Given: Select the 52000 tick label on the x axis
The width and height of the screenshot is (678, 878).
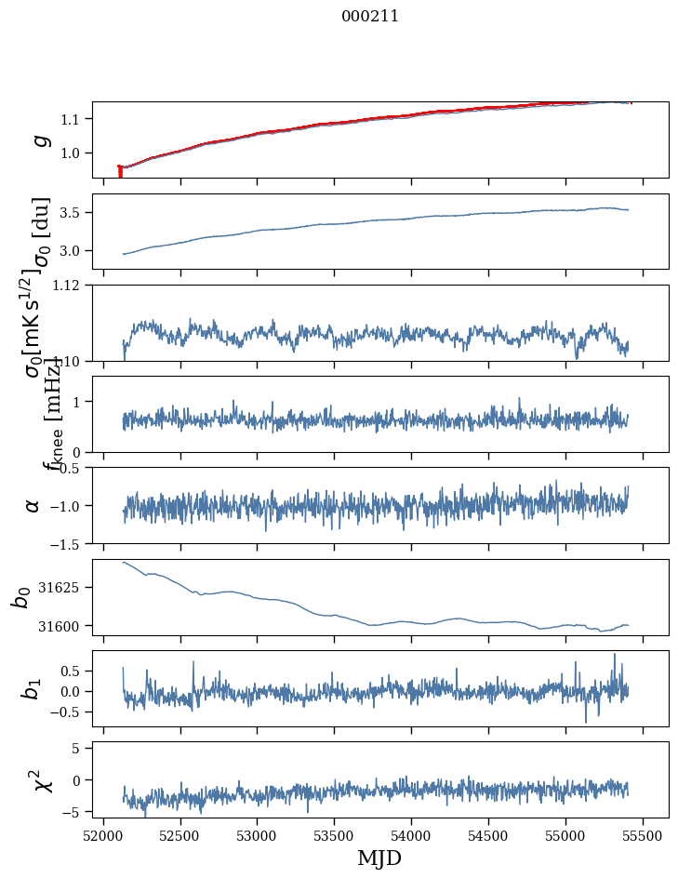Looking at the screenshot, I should pyautogui.click(x=103, y=834).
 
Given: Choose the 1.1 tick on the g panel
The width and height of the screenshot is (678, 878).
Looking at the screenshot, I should pyautogui.click(x=73, y=119).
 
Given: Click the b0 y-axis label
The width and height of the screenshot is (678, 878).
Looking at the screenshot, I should pyautogui.click(x=21, y=597).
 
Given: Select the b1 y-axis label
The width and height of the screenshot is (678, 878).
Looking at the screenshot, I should pyautogui.click(x=33, y=688).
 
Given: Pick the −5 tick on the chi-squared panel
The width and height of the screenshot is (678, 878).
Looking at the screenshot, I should pyautogui.click(x=75, y=812).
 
